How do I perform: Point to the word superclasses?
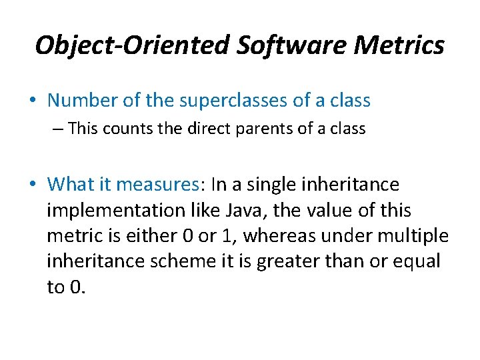(x=230, y=101)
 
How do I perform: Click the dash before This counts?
(x=59, y=129)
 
